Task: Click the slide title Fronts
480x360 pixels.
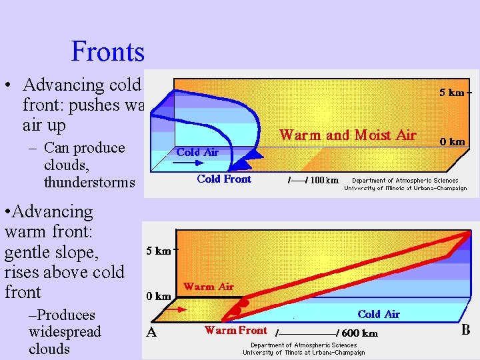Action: [x=107, y=51]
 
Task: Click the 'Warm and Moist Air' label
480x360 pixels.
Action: [x=347, y=135]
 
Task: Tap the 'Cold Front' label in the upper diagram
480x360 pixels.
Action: [x=224, y=179]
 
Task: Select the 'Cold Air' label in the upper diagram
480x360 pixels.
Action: [x=197, y=152]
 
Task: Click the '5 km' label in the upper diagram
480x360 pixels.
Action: [x=451, y=93]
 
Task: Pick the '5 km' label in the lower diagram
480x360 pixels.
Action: [x=158, y=251]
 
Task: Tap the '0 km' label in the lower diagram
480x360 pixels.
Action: [x=158, y=295]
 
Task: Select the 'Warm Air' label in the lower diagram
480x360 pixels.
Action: [x=209, y=287]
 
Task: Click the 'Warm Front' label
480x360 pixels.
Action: [x=235, y=330]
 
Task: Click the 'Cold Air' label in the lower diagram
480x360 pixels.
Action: [x=378, y=314]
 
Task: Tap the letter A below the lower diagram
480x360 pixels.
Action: [x=151, y=333]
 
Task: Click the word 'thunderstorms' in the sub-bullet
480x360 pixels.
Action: [x=89, y=182]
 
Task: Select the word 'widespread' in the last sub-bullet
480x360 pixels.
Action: [x=65, y=331]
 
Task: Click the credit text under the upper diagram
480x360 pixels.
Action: [x=405, y=184]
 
